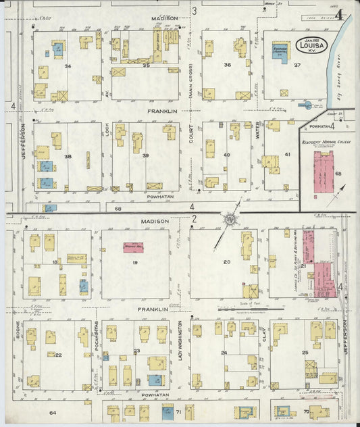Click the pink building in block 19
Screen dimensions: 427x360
(136, 248)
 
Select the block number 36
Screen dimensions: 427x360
(228, 65)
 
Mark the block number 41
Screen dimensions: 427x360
(287, 155)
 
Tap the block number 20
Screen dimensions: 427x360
(227, 261)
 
